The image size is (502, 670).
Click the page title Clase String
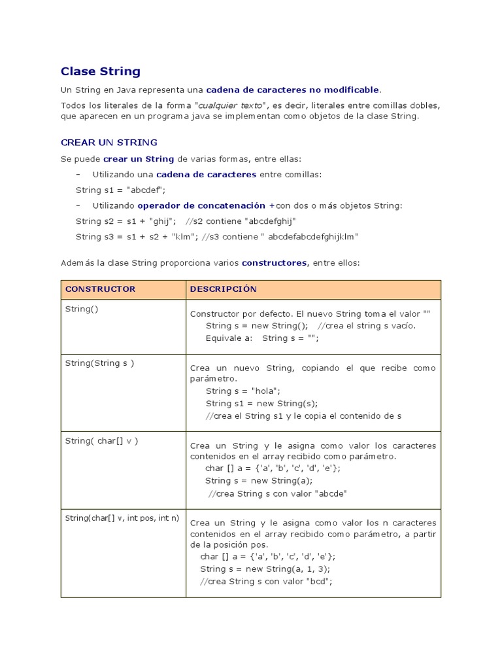100,71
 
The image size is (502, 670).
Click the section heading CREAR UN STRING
109,142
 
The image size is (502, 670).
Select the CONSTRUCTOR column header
100,289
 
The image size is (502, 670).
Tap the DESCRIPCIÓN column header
223,289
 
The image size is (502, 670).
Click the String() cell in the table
81,308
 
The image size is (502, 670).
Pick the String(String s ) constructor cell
99,362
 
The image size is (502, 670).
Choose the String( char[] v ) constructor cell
101,440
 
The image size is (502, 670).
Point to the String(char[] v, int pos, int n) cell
122,518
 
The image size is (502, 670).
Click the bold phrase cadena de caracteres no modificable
292,89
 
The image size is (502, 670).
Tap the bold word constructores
274,262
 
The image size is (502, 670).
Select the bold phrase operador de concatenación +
206,205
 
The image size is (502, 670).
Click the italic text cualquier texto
231,105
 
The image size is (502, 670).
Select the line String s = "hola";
243,391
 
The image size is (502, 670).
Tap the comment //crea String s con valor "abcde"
277,493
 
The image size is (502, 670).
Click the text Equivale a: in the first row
229,338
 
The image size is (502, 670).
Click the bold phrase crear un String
139,159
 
